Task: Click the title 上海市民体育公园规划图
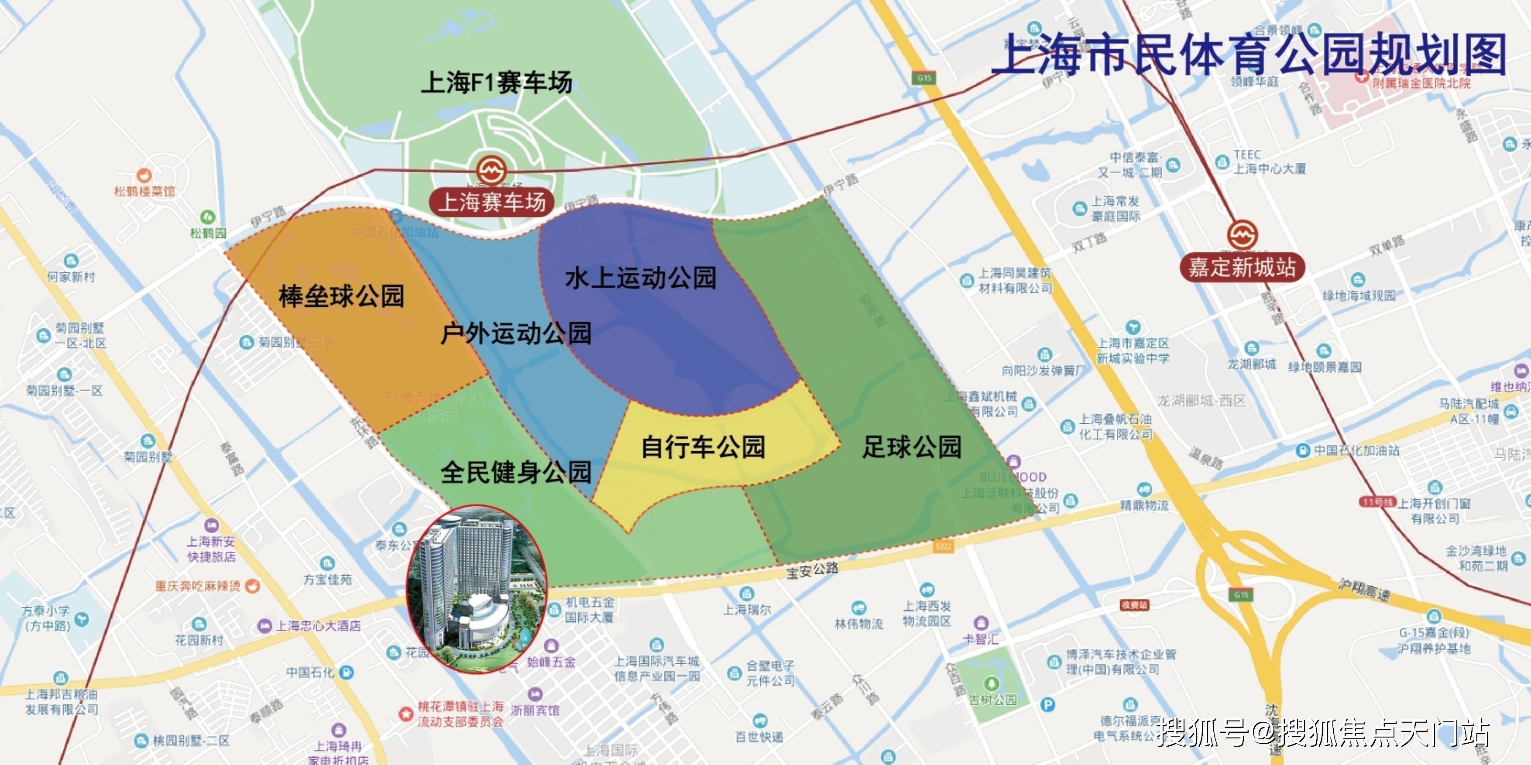1248,55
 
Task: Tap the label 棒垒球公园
342,296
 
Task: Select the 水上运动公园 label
641,278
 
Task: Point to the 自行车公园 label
703,447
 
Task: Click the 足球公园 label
912,447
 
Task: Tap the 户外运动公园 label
516,333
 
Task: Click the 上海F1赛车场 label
496,82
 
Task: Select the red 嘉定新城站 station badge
1242,267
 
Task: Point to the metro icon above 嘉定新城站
1242,235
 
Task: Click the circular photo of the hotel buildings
476,589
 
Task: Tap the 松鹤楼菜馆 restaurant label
144,191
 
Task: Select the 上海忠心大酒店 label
318,626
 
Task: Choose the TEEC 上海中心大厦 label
1269,161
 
